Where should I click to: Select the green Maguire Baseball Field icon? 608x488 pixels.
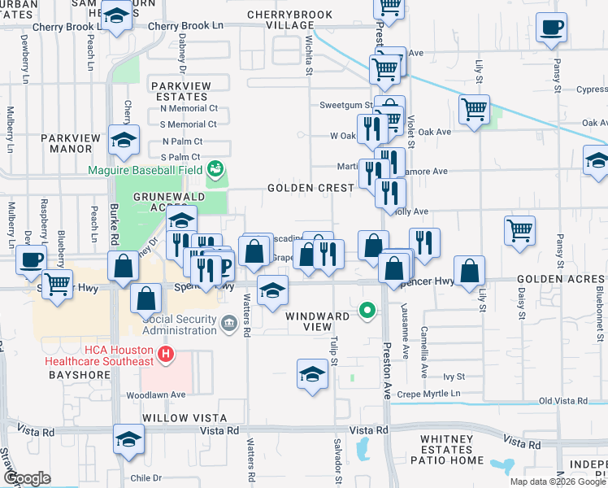[215, 168]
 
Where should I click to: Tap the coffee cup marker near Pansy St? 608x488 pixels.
[551, 28]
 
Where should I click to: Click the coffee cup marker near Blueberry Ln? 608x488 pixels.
[32, 260]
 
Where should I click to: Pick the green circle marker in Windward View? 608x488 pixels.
[367, 310]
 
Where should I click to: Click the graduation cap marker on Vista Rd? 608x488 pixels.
[128, 440]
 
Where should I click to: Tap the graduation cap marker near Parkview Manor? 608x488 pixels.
[124, 141]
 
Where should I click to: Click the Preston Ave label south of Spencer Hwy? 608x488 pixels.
[387, 371]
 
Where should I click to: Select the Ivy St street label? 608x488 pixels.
[454, 377]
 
